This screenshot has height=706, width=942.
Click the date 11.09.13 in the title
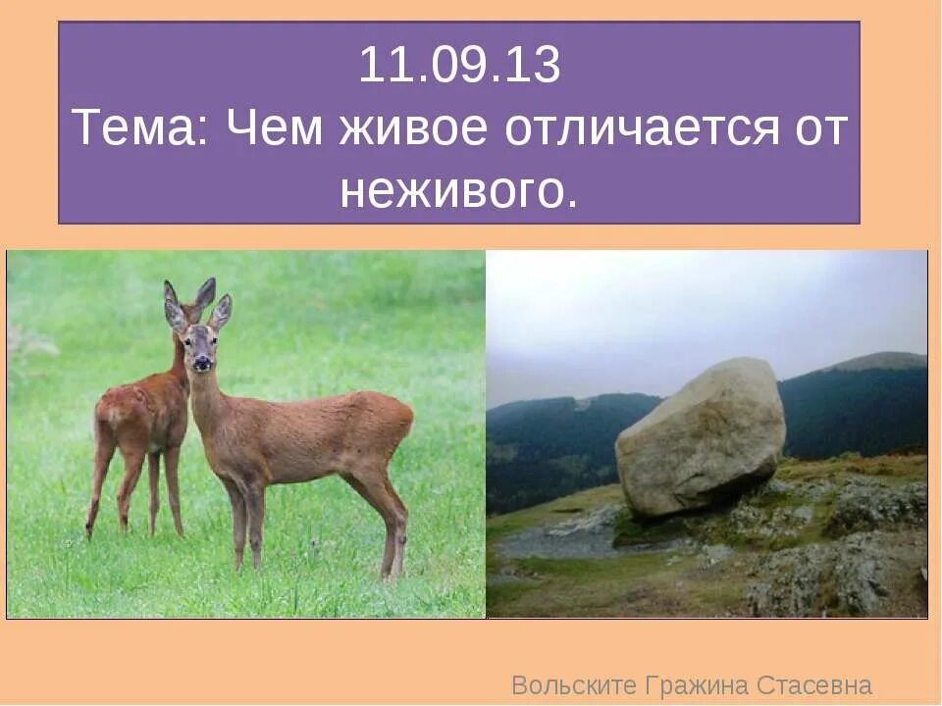tap(459, 67)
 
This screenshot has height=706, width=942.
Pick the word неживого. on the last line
tap(458, 191)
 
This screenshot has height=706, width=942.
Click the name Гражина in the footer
tap(698, 684)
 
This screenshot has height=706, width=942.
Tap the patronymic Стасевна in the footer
tap(815, 684)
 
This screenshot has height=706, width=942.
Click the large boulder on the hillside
tap(701, 436)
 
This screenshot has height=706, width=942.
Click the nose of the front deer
tap(201, 364)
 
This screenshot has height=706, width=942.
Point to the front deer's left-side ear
tap(174, 306)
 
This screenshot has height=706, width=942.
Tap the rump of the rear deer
tap(110, 412)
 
